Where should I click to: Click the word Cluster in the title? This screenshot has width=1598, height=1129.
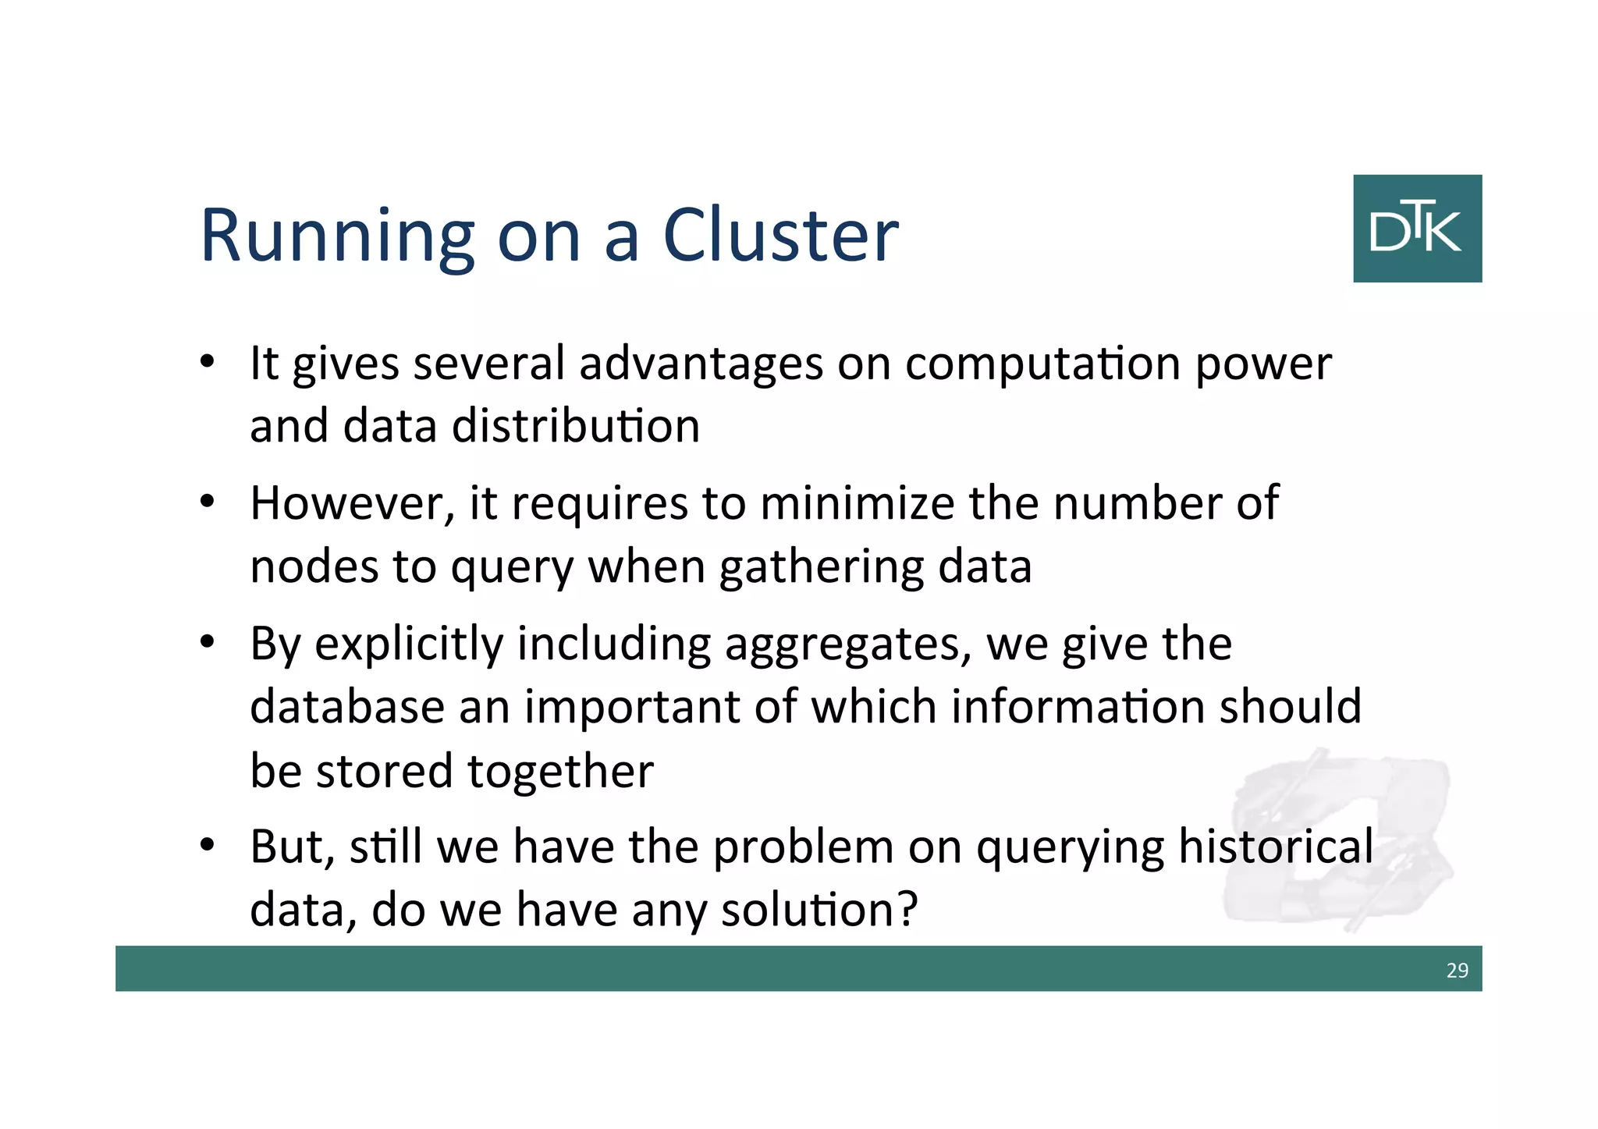point(780,236)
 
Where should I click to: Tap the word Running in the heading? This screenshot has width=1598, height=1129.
point(337,236)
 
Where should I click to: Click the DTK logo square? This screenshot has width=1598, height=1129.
point(1417,229)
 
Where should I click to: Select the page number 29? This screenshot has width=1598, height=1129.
point(1457,970)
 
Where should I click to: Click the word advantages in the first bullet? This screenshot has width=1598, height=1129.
point(701,364)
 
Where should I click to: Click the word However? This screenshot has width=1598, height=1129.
point(352,503)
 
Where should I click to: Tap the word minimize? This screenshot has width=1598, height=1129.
point(857,503)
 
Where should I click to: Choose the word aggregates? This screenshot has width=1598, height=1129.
point(847,645)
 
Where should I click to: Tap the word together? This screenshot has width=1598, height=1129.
point(560,772)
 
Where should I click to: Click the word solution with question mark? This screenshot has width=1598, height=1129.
point(819,910)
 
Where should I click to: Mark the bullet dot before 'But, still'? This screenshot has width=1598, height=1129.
point(207,846)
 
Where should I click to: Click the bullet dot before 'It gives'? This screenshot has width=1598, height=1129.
point(207,363)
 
